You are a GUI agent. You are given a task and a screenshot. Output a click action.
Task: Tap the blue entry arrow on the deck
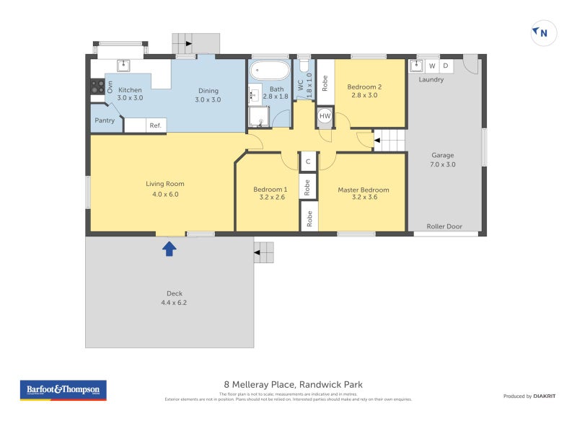click(x=169, y=249)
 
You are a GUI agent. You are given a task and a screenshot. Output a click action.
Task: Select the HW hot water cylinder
click(x=325, y=116)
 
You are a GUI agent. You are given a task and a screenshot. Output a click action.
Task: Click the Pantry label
click(x=105, y=120)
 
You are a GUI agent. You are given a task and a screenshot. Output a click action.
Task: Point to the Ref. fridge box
click(x=154, y=125)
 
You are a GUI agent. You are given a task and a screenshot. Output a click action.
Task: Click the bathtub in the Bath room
click(x=269, y=72)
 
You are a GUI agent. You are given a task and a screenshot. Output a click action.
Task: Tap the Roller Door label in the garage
click(x=444, y=226)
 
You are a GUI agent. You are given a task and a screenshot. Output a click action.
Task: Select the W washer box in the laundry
click(x=432, y=66)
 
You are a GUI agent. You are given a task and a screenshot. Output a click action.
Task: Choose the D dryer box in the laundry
click(x=445, y=66)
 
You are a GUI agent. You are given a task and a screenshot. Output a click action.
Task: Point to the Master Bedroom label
click(x=364, y=190)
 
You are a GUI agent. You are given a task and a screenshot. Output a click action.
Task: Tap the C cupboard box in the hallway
click(x=308, y=162)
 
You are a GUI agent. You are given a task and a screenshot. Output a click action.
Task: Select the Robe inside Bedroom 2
click(x=325, y=84)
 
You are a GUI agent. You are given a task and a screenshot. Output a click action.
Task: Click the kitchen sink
click(x=123, y=65)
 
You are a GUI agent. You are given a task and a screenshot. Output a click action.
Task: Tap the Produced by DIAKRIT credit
click(x=528, y=396)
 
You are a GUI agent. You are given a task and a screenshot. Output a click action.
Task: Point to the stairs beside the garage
click(x=389, y=140)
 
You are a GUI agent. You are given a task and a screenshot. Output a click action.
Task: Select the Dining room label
click(x=208, y=91)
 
